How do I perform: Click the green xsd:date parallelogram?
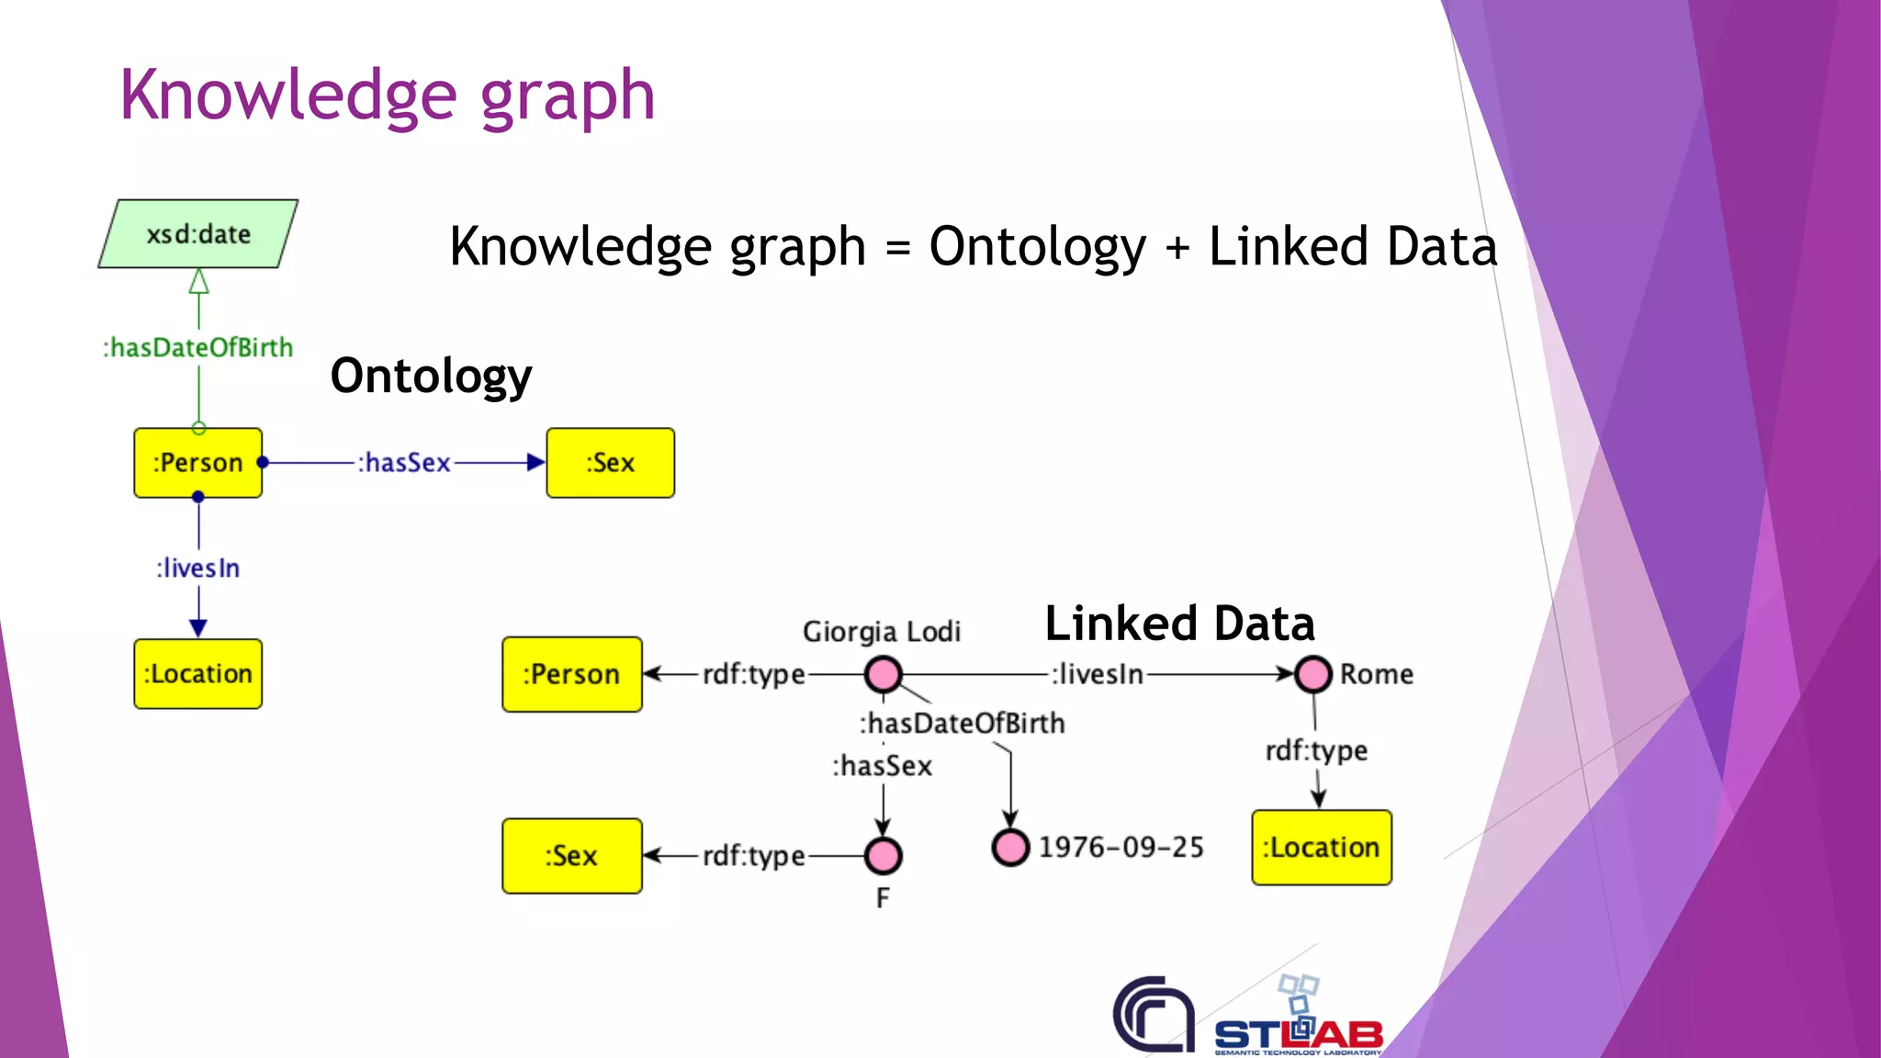tap(198, 234)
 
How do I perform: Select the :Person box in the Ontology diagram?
tap(198, 463)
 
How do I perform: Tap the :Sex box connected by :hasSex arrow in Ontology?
tap(610, 463)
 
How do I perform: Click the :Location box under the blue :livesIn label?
tap(198, 674)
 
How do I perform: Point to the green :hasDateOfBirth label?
tap(198, 348)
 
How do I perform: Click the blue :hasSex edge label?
tap(404, 463)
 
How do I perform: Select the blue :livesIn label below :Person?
tap(198, 568)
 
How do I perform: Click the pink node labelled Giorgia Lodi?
tap(883, 674)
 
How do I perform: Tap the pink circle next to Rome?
tap(1312, 674)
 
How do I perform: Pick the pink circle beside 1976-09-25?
tap(1010, 847)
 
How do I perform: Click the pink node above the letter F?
tap(883, 856)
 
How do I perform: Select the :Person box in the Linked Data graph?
tap(571, 674)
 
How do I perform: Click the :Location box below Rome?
tap(1322, 848)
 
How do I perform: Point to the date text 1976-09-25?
tap(1121, 847)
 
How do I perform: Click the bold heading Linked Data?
tap(1179, 624)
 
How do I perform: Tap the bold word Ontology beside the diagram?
tap(431, 376)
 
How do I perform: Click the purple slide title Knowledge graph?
tap(387, 96)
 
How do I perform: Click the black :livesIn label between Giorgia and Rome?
tap(1098, 674)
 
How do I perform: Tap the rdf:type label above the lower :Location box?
tap(1316, 751)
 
